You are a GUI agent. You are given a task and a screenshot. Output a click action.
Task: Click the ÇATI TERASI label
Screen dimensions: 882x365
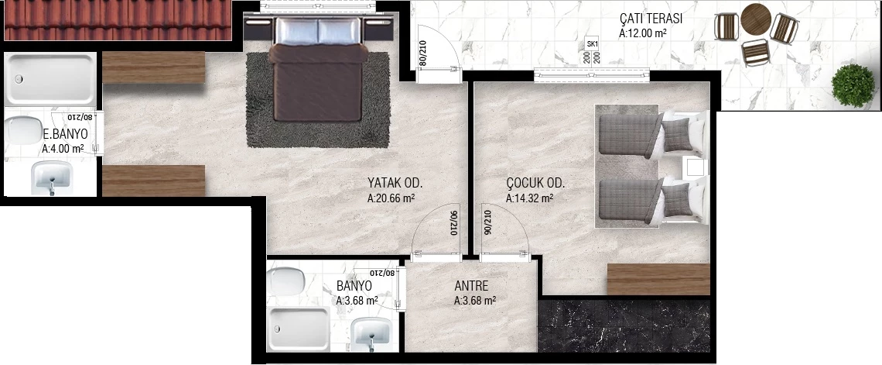coord(650,18)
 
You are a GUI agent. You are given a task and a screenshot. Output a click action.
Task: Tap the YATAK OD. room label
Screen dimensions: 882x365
coord(395,183)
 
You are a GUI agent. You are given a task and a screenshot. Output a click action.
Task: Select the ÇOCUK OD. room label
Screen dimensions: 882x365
coord(535,183)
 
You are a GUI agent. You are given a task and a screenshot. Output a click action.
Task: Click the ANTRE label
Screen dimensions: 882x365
coord(471,286)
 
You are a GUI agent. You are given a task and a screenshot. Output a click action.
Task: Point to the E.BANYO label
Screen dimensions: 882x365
coord(65,135)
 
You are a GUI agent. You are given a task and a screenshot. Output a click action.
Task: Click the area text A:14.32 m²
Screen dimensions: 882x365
coord(529,198)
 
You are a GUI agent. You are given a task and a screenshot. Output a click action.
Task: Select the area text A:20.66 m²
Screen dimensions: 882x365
coord(391,198)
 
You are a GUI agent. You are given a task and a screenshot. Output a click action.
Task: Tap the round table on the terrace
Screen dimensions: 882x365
coord(755,19)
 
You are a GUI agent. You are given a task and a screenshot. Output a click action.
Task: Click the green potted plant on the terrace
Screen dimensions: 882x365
coord(853,85)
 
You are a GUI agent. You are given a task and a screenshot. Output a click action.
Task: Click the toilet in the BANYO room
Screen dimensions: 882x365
coord(287,282)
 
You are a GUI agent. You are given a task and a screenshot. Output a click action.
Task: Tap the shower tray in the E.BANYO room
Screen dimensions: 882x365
coord(50,79)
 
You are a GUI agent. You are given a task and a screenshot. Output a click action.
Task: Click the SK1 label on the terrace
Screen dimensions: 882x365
coord(592,44)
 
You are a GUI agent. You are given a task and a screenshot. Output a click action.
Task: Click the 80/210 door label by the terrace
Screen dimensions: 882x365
coord(422,53)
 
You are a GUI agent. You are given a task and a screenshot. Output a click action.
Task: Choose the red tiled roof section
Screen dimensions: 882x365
coord(118,20)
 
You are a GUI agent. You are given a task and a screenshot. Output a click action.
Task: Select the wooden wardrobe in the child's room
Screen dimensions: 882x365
coord(658,279)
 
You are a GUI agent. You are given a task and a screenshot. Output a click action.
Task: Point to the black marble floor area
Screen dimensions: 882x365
coord(624,326)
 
